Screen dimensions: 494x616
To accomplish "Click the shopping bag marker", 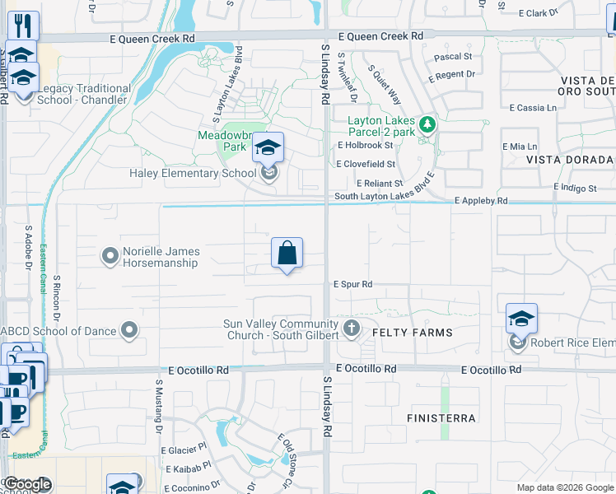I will pos(287,253).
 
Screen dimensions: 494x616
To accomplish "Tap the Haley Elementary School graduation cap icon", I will pos(268,148).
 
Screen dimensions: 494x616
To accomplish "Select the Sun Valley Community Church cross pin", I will pos(352,329).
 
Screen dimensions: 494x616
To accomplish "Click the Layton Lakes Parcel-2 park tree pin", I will pos(427,125).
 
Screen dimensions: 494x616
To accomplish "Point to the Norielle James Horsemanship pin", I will pos(110,257).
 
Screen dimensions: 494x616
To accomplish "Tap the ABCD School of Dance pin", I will pos(128,331).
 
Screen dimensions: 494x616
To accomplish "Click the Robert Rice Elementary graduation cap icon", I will pos(521,319).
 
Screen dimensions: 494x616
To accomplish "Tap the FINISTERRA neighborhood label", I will pos(441,418).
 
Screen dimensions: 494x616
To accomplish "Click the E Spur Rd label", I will pos(353,284).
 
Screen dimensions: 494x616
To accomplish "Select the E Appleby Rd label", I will pos(482,200).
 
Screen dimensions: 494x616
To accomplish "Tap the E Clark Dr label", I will pos(545,13).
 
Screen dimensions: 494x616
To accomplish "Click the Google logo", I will pos(27,485).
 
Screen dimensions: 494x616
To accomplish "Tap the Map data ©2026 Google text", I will pos(564,487).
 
